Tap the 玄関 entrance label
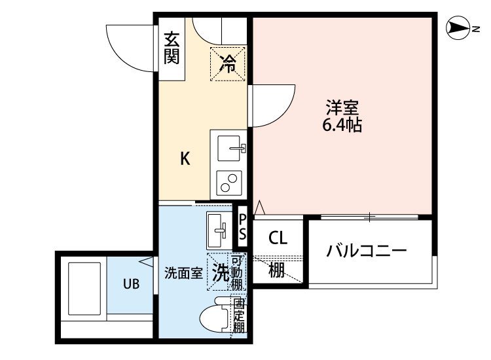pyautogui.click(x=172, y=48)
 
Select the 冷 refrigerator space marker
pyautogui.click(x=228, y=63)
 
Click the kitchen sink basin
pyautogui.click(x=228, y=148)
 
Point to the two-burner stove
pyautogui.click(x=229, y=183)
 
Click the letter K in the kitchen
pyautogui.click(x=185, y=158)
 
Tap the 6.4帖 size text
pyautogui.click(x=342, y=124)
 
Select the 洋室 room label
pyautogui.click(x=342, y=107)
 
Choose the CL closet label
pyautogui.click(x=278, y=238)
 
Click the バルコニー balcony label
pyautogui.click(x=367, y=251)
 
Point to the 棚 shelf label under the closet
pyautogui.click(x=277, y=270)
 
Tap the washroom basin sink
pyautogui.click(x=219, y=230)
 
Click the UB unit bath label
pyautogui.click(x=131, y=284)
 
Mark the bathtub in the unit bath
pyautogui.click(x=84, y=289)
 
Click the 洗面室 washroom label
pyautogui.click(x=184, y=274)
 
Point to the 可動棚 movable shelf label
pyautogui.click(x=236, y=273)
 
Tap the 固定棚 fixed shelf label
pyautogui.click(x=239, y=315)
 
